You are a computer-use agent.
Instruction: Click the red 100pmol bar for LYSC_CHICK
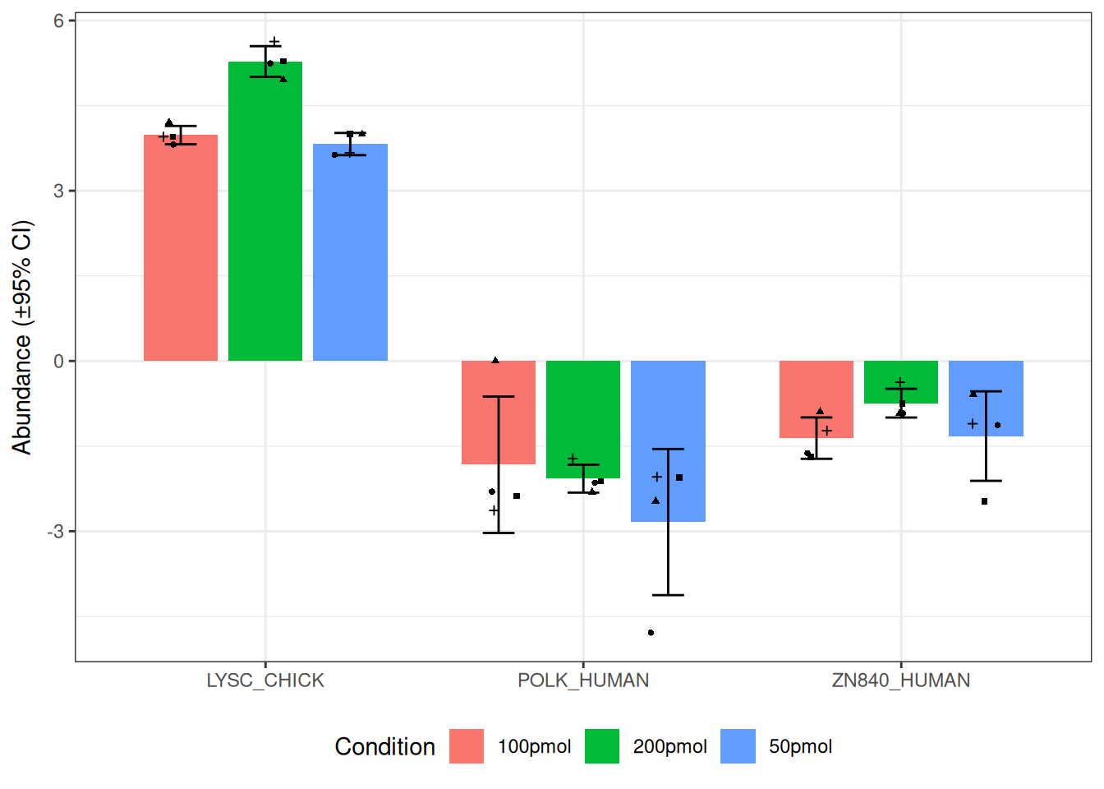(x=181, y=247)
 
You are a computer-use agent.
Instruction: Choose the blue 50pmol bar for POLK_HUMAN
(x=649, y=427)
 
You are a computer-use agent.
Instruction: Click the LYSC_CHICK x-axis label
(x=265, y=681)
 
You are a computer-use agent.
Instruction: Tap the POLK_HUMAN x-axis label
(x=583, y=681)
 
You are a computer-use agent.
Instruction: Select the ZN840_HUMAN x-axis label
(x=901, y=681)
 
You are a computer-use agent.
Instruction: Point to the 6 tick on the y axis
(x=58, y=21)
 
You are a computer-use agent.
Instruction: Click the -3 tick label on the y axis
(x=55, y=532)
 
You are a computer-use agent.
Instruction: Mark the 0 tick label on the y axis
(x=58, y=361)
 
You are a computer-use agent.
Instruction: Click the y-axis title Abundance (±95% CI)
(x=22, y=337)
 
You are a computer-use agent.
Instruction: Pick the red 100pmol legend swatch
(x=467, y=746)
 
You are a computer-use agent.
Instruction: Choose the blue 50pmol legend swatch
(x=738, y=746)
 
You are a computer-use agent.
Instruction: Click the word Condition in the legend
(x=384, y=746)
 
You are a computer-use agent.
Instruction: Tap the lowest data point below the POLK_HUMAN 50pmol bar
(x=651, y=633)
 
